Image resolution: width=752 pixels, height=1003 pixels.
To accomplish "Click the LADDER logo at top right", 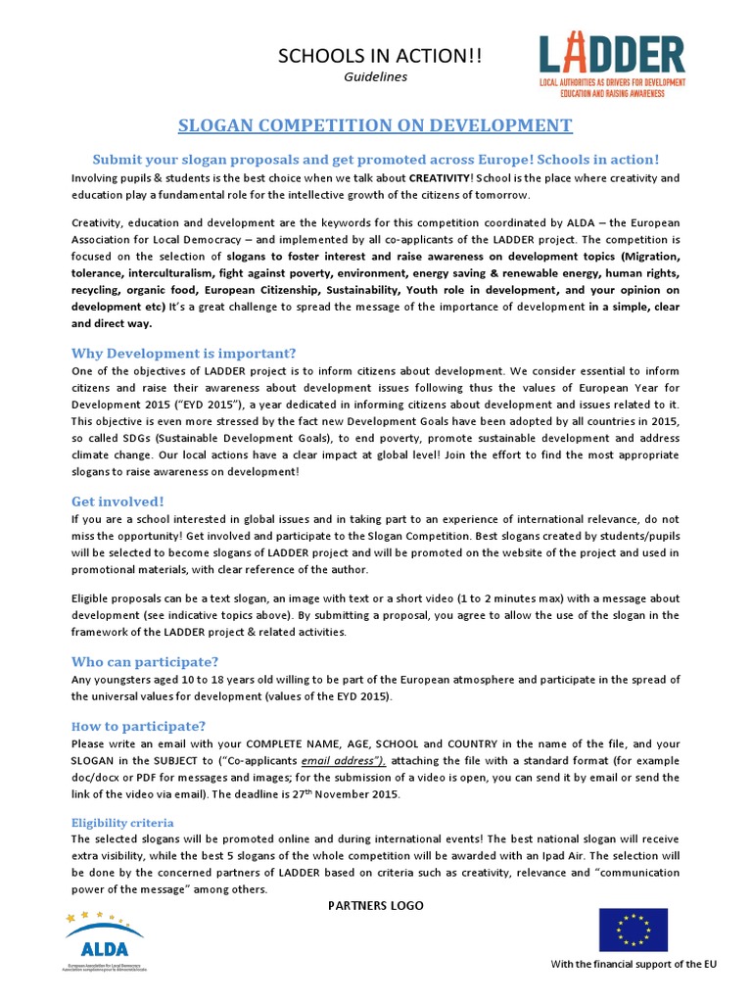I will pyautogui.click(x=612, y=66).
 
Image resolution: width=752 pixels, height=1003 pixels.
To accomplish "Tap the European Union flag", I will pyautogui.click(x=633, y=930).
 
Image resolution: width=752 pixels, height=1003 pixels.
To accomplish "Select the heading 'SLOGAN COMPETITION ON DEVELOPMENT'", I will pyautogui.click(x=375, y=125).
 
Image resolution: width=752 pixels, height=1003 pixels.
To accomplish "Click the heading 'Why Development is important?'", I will pyautogui.click(x=183, y=353).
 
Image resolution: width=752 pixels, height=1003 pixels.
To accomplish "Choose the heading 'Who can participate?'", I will pyautogui.click(x=145, y=661).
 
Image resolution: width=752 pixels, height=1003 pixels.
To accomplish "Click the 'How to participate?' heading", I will pyautogui.click(x=138, y=726).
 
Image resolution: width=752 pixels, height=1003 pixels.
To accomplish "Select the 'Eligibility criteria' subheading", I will pyautogui.click(x=122, y=823).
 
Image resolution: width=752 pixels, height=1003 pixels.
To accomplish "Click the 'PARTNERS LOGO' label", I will pyautogui.click(x=375, y=906).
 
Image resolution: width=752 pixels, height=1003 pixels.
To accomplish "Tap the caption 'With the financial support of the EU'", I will pyautogui.click(x=634, y=965).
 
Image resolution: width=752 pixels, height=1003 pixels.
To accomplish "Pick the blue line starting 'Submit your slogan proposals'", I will pyautogui.click(x=375, y=160).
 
